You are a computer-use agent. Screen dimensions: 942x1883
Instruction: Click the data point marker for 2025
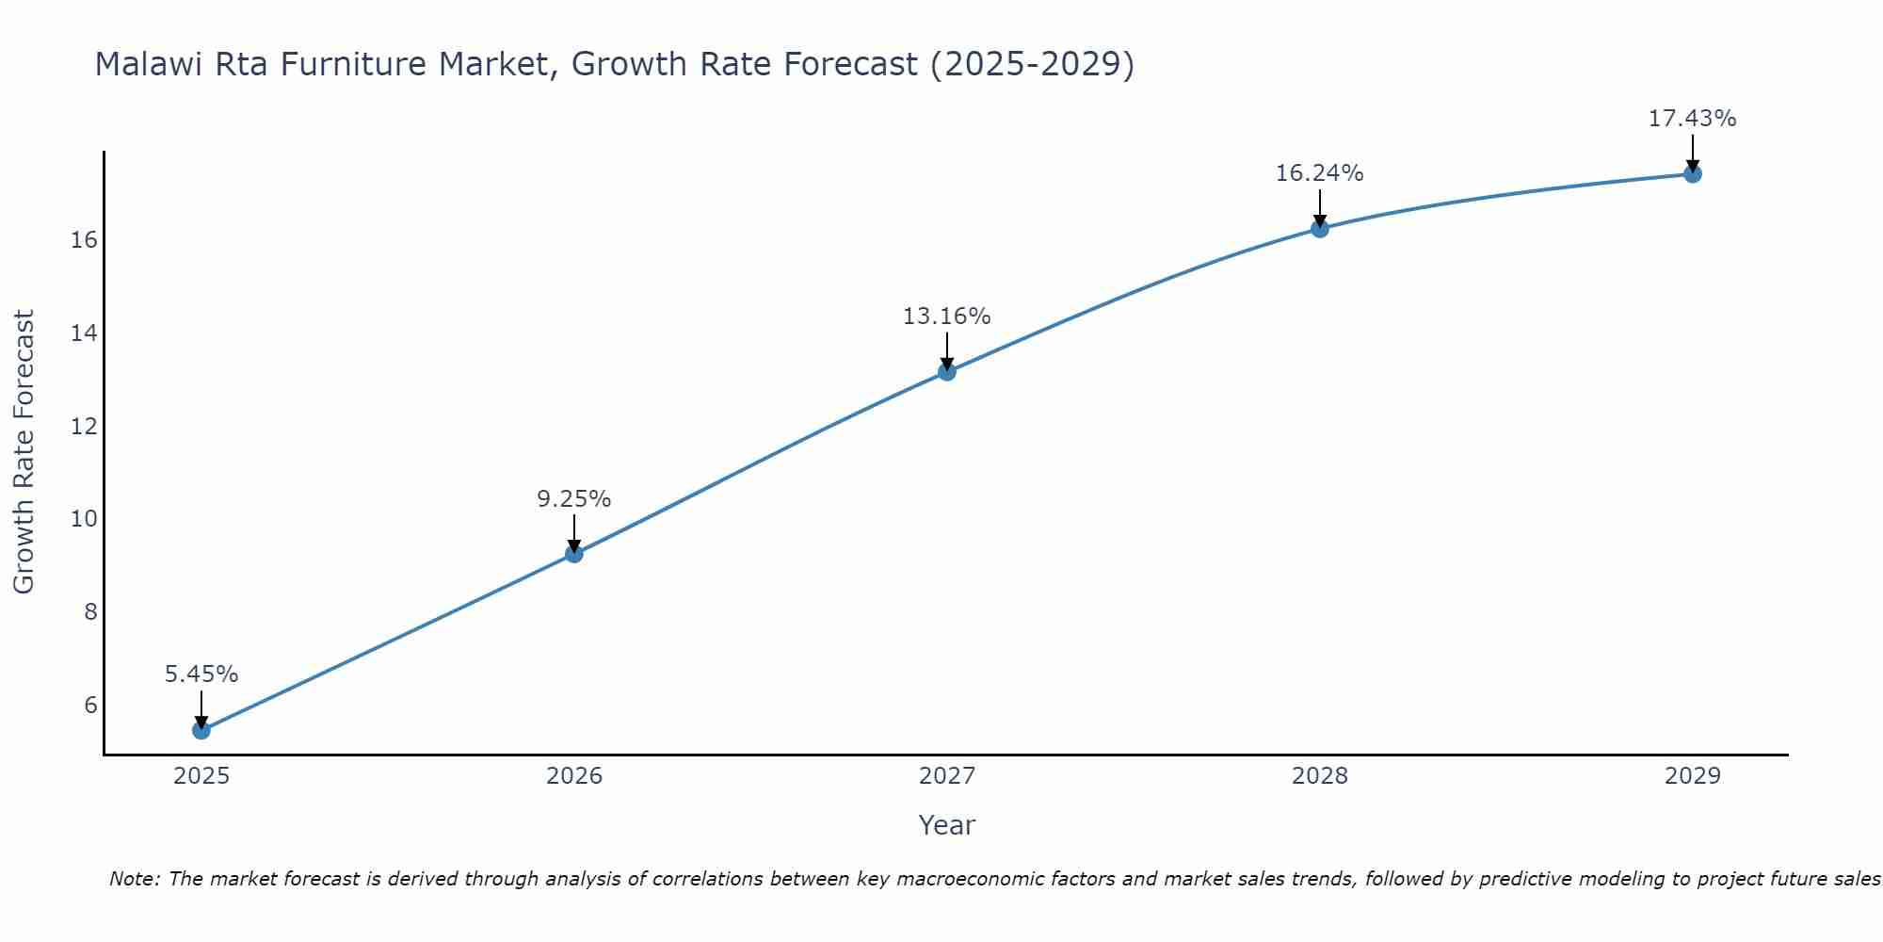pos(201,730)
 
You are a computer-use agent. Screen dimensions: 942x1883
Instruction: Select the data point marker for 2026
pos(573,554)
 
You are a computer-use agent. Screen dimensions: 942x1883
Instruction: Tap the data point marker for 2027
pos(946,372)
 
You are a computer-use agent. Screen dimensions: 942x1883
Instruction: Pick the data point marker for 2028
pos(1319,228)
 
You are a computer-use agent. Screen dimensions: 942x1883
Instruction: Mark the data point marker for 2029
pos(1692,173)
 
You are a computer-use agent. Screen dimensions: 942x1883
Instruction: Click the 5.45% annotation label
pos(201,674)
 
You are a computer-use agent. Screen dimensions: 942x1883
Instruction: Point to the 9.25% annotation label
pos(574,499)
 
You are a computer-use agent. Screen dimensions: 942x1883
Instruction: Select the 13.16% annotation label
pos(946,317)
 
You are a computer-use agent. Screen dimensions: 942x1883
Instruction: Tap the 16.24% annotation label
pos(1319,173)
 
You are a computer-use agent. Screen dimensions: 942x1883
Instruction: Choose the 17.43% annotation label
pos(1692,119)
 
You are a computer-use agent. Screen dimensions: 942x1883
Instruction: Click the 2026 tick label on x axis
pos(574,776)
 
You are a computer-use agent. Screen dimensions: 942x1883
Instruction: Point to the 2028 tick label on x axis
pos(1319,776)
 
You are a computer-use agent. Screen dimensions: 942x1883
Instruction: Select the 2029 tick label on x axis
pos(1692,776)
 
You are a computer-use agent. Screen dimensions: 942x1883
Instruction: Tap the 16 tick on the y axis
pos(84,240)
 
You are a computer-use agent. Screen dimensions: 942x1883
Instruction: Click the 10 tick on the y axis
pos(84,519)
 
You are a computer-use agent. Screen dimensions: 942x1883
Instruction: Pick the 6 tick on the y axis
pos(90,706)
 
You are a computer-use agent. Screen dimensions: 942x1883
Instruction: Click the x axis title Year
pos(946,825)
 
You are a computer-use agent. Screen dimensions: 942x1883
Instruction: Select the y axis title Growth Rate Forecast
pos(24,452)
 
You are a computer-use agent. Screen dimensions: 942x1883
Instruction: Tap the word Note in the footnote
pos(135,879)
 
